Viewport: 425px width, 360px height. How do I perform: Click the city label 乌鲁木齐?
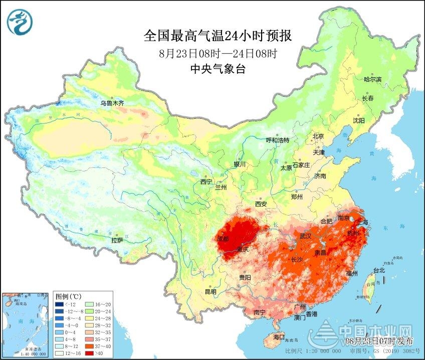coord(111,103)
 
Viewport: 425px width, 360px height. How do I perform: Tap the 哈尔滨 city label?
coord(372,79)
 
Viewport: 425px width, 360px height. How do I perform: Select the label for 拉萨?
coord(117,240)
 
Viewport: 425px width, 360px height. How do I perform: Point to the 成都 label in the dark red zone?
coord(223,239)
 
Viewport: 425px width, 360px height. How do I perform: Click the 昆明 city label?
coord(210,291)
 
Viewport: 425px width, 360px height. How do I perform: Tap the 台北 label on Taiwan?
coord(379,270)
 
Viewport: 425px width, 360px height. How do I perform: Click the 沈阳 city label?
coord(358,120)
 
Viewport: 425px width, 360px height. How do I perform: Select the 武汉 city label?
coord(305,236)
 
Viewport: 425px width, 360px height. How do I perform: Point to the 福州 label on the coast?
coord(351,273)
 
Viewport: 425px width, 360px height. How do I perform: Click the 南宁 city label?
coord(259,312)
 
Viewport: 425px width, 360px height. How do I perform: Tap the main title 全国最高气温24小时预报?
coord(218,36)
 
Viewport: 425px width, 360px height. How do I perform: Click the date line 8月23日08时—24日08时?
coord(218,53)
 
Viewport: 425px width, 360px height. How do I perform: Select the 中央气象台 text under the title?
coord(218,69)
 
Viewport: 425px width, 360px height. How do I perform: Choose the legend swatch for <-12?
coord(60,303)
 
